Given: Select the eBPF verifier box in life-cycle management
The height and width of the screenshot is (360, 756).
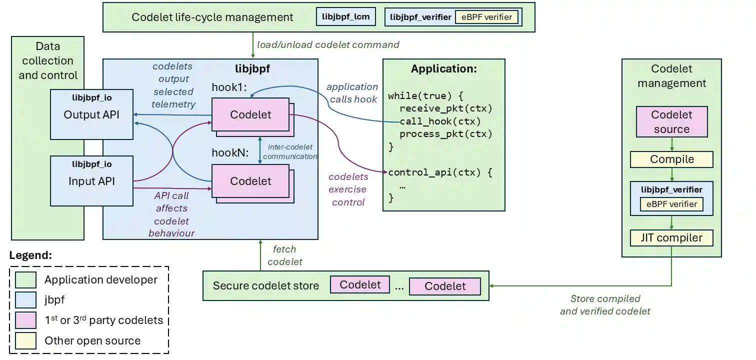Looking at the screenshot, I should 486,17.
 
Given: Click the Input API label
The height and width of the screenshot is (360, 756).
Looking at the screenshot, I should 91,181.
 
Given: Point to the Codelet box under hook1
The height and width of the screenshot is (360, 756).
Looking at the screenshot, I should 250,114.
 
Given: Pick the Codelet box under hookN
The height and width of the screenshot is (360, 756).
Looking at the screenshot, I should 250,181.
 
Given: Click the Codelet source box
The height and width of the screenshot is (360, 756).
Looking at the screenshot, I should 671,122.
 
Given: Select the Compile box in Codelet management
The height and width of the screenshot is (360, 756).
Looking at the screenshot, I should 671,159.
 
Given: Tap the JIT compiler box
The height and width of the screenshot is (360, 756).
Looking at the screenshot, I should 671,237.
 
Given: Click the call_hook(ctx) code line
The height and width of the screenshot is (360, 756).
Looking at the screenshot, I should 440,121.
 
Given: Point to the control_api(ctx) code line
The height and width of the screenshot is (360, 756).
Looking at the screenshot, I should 440,172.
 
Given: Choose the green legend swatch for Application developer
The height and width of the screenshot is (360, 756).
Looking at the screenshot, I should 25,280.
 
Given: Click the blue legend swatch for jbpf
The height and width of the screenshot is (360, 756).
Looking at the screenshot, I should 25,300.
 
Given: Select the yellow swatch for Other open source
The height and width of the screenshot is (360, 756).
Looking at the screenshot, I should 25,341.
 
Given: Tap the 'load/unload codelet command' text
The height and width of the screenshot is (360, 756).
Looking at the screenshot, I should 328,44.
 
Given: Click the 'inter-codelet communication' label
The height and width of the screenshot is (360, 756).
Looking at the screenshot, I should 290,151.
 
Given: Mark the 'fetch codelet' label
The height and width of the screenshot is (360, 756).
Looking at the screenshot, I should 284,255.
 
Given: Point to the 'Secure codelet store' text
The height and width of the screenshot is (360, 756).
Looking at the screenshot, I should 265,286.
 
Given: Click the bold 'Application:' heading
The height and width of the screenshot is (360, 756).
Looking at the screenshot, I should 443,69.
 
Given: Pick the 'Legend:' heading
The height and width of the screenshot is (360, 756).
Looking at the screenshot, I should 30,255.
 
